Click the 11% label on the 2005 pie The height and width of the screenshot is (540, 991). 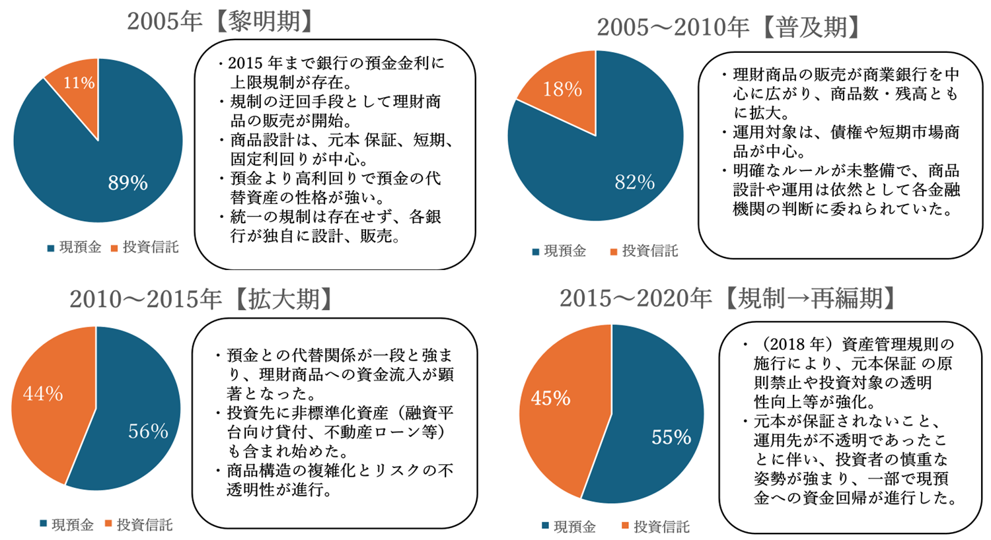(79, 83)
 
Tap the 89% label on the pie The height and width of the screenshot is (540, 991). (128, 183)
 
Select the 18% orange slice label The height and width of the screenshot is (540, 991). (562, 89)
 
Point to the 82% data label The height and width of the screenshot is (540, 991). (634, 182)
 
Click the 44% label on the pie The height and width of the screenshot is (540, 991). (43, 394)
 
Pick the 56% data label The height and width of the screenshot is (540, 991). (148, 432)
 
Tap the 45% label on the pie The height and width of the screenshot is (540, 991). (550, 398)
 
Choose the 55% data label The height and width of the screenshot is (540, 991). (671, 437)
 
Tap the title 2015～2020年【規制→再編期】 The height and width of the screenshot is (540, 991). (729, 298)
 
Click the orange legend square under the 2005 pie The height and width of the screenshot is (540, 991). (114, 249)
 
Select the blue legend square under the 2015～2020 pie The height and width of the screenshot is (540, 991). (545, 526)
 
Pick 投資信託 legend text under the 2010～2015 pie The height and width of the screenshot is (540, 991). (145, 525)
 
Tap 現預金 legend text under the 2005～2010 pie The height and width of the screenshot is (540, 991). (565, 252)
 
